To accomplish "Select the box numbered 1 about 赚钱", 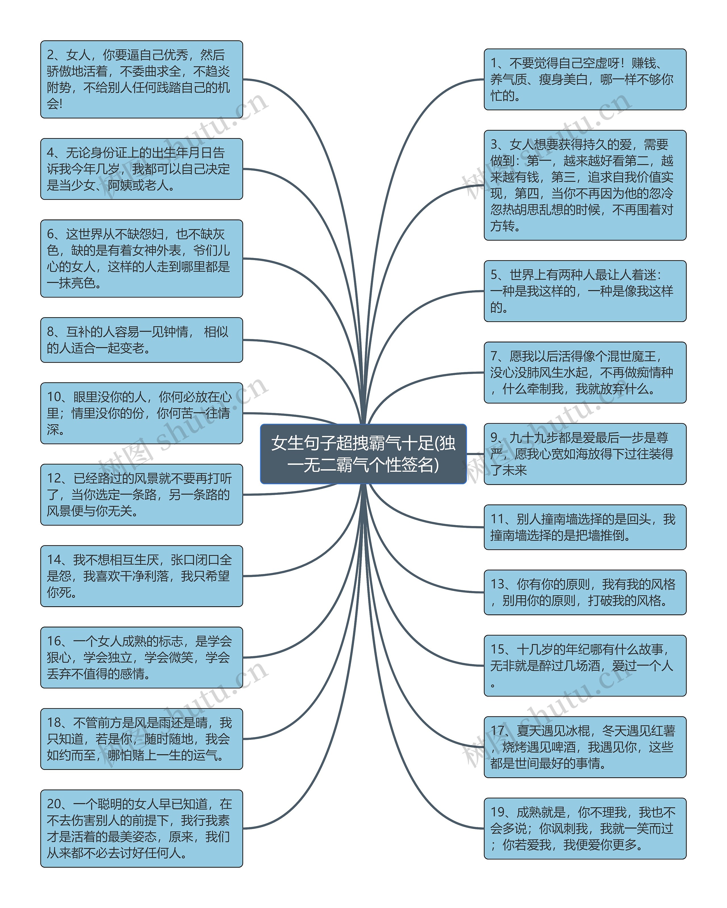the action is [585, 79].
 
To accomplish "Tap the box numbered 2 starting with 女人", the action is [141, 79].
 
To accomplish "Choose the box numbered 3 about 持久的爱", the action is [585, 185].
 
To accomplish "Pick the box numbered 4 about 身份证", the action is [141, 169].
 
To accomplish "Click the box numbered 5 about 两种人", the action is [585, 291].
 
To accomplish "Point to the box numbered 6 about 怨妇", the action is [141, 258].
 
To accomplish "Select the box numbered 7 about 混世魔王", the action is [585, 372].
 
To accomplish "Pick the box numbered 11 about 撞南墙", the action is [585, 527].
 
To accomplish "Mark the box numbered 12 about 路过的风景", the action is [141, 494].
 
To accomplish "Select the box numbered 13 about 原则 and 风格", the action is [585, 592].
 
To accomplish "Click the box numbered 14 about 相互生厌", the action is [141, 576].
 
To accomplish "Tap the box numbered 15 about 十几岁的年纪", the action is [585, 665].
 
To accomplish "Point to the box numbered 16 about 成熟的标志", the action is [141, 657].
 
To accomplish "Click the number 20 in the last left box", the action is [55, 804].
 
